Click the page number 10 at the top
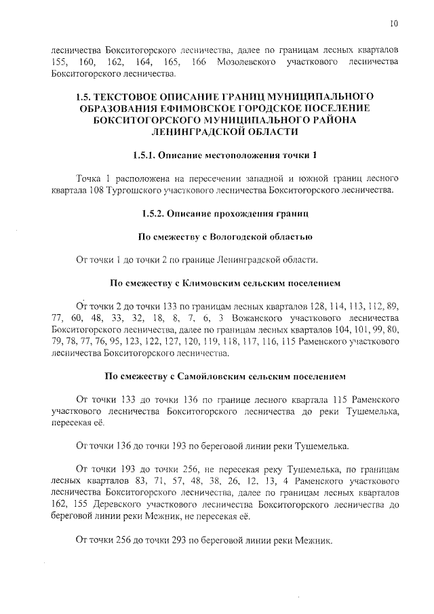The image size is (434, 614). (394, 24)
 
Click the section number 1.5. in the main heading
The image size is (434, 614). (86, 96)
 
